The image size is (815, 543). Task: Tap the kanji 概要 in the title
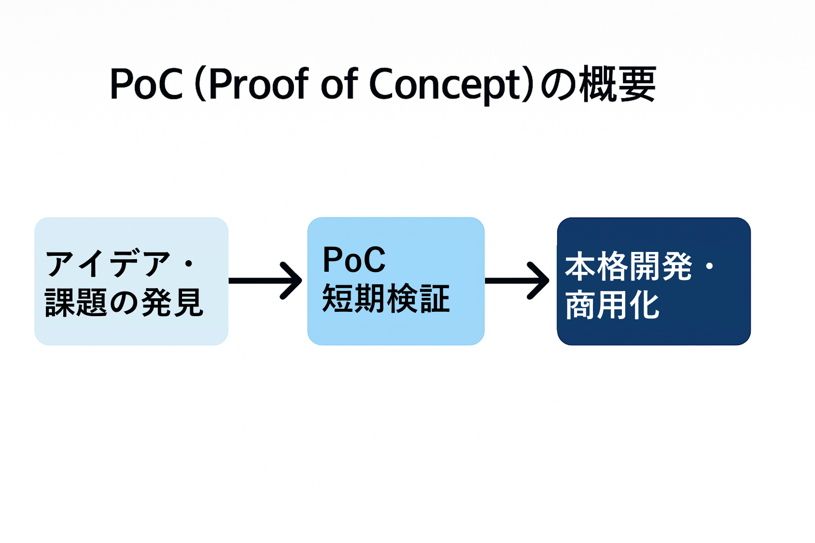[x=618, y=84]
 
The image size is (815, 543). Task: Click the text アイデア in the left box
[x=107, y=264]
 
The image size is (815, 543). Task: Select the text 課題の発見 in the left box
[x=124, y=302]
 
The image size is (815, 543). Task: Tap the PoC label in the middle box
[x=353, y=260]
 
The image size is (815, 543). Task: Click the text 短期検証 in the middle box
[x=386, y=299]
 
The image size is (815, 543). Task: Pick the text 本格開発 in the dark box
[x=628, y=266]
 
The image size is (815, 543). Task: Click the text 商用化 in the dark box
[x=612, y=306]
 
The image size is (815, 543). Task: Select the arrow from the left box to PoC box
[x=265, y=280]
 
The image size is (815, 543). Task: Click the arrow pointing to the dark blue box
[x=517, y=280]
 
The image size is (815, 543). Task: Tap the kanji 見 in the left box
[x=188, y=302]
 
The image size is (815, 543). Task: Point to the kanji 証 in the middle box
[x=435, y=299]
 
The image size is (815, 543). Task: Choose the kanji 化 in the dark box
[x=645, y=306]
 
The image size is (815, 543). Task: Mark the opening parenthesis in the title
[x=201, y=84]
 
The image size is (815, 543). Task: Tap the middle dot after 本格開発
[x=709, y=266]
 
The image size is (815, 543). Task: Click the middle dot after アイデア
[x=189, y=264]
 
